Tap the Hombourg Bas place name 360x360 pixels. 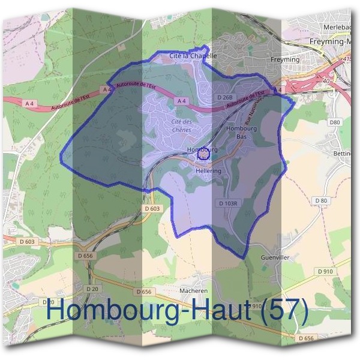pos(242,132)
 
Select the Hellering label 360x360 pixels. pos(208,171)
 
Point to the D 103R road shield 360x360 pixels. pos(229,203)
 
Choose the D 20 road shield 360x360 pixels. pos(92,289)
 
